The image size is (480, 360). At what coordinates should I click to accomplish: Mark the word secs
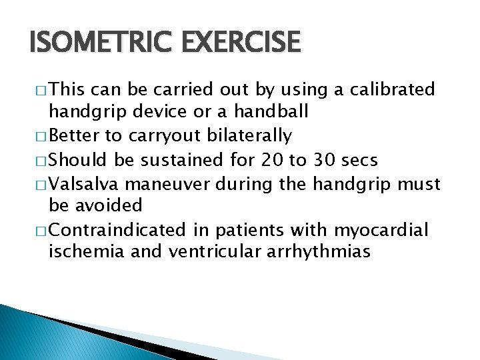[x=361, y=160]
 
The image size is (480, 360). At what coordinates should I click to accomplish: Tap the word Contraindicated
[x=117, y=230]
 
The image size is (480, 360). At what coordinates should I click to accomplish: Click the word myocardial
[x=381, y=230]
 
